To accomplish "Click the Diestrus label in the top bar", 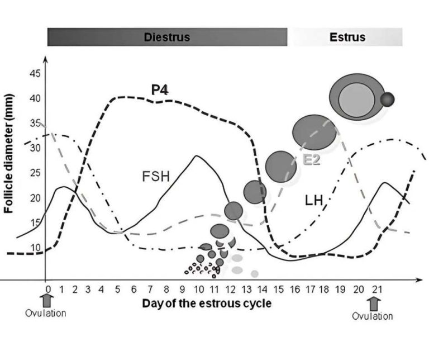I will click(x=167, y=37).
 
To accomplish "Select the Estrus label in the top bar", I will click(x=347, y=37).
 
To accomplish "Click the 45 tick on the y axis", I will click(x=35, y=74).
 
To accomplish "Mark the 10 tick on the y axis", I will click(x=35, y=248).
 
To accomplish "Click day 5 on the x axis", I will click(x=118, y=290).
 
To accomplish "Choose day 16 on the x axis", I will click(x=297, y=290).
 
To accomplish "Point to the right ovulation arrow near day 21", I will click(x=374, y=304).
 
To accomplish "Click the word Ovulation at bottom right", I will click(x=372, y=316).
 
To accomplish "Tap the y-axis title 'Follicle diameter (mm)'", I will click(x=9, y=153).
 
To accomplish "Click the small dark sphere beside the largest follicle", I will click(x=387, y=100).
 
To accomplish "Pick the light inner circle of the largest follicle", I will click(x=357, y=99).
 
